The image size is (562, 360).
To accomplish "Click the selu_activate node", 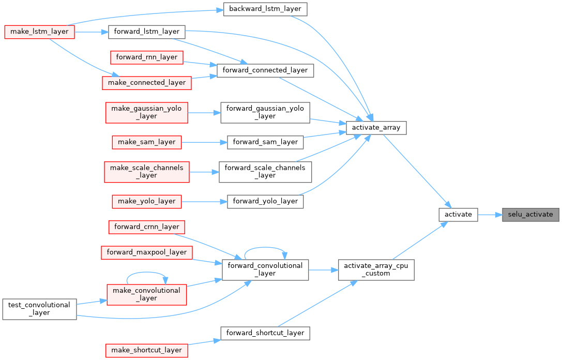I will [x=530, y=215].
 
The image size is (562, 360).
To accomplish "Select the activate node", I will [x=458, y=215].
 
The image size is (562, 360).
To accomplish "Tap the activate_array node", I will [x=376, y=128].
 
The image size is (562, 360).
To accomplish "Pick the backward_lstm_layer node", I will [x=265, y=9].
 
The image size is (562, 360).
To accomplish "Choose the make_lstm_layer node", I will [x=39, y=32].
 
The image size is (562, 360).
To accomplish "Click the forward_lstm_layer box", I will [x=146, y=32].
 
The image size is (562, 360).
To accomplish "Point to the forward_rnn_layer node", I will [x=147, y=57].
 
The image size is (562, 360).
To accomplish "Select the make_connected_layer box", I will [x=147, y=82].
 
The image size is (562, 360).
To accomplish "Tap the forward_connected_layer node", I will [x=266, y=70].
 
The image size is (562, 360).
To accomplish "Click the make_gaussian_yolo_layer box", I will [x=147, y=112].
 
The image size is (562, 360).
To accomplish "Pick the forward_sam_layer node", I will [x=265, y=142].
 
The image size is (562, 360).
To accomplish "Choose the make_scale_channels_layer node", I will [x=147, y=171].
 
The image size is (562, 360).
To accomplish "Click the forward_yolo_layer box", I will [x=265, y=201].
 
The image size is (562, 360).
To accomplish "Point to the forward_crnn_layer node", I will [x=147, y=227].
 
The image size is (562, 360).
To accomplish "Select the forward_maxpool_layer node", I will [x=147, y=252].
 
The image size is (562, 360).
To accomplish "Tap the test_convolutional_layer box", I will [x=39, y=309].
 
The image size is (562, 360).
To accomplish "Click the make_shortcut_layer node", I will [x=147, y=350].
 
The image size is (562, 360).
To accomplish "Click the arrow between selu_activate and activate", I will [x=490, y=215].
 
